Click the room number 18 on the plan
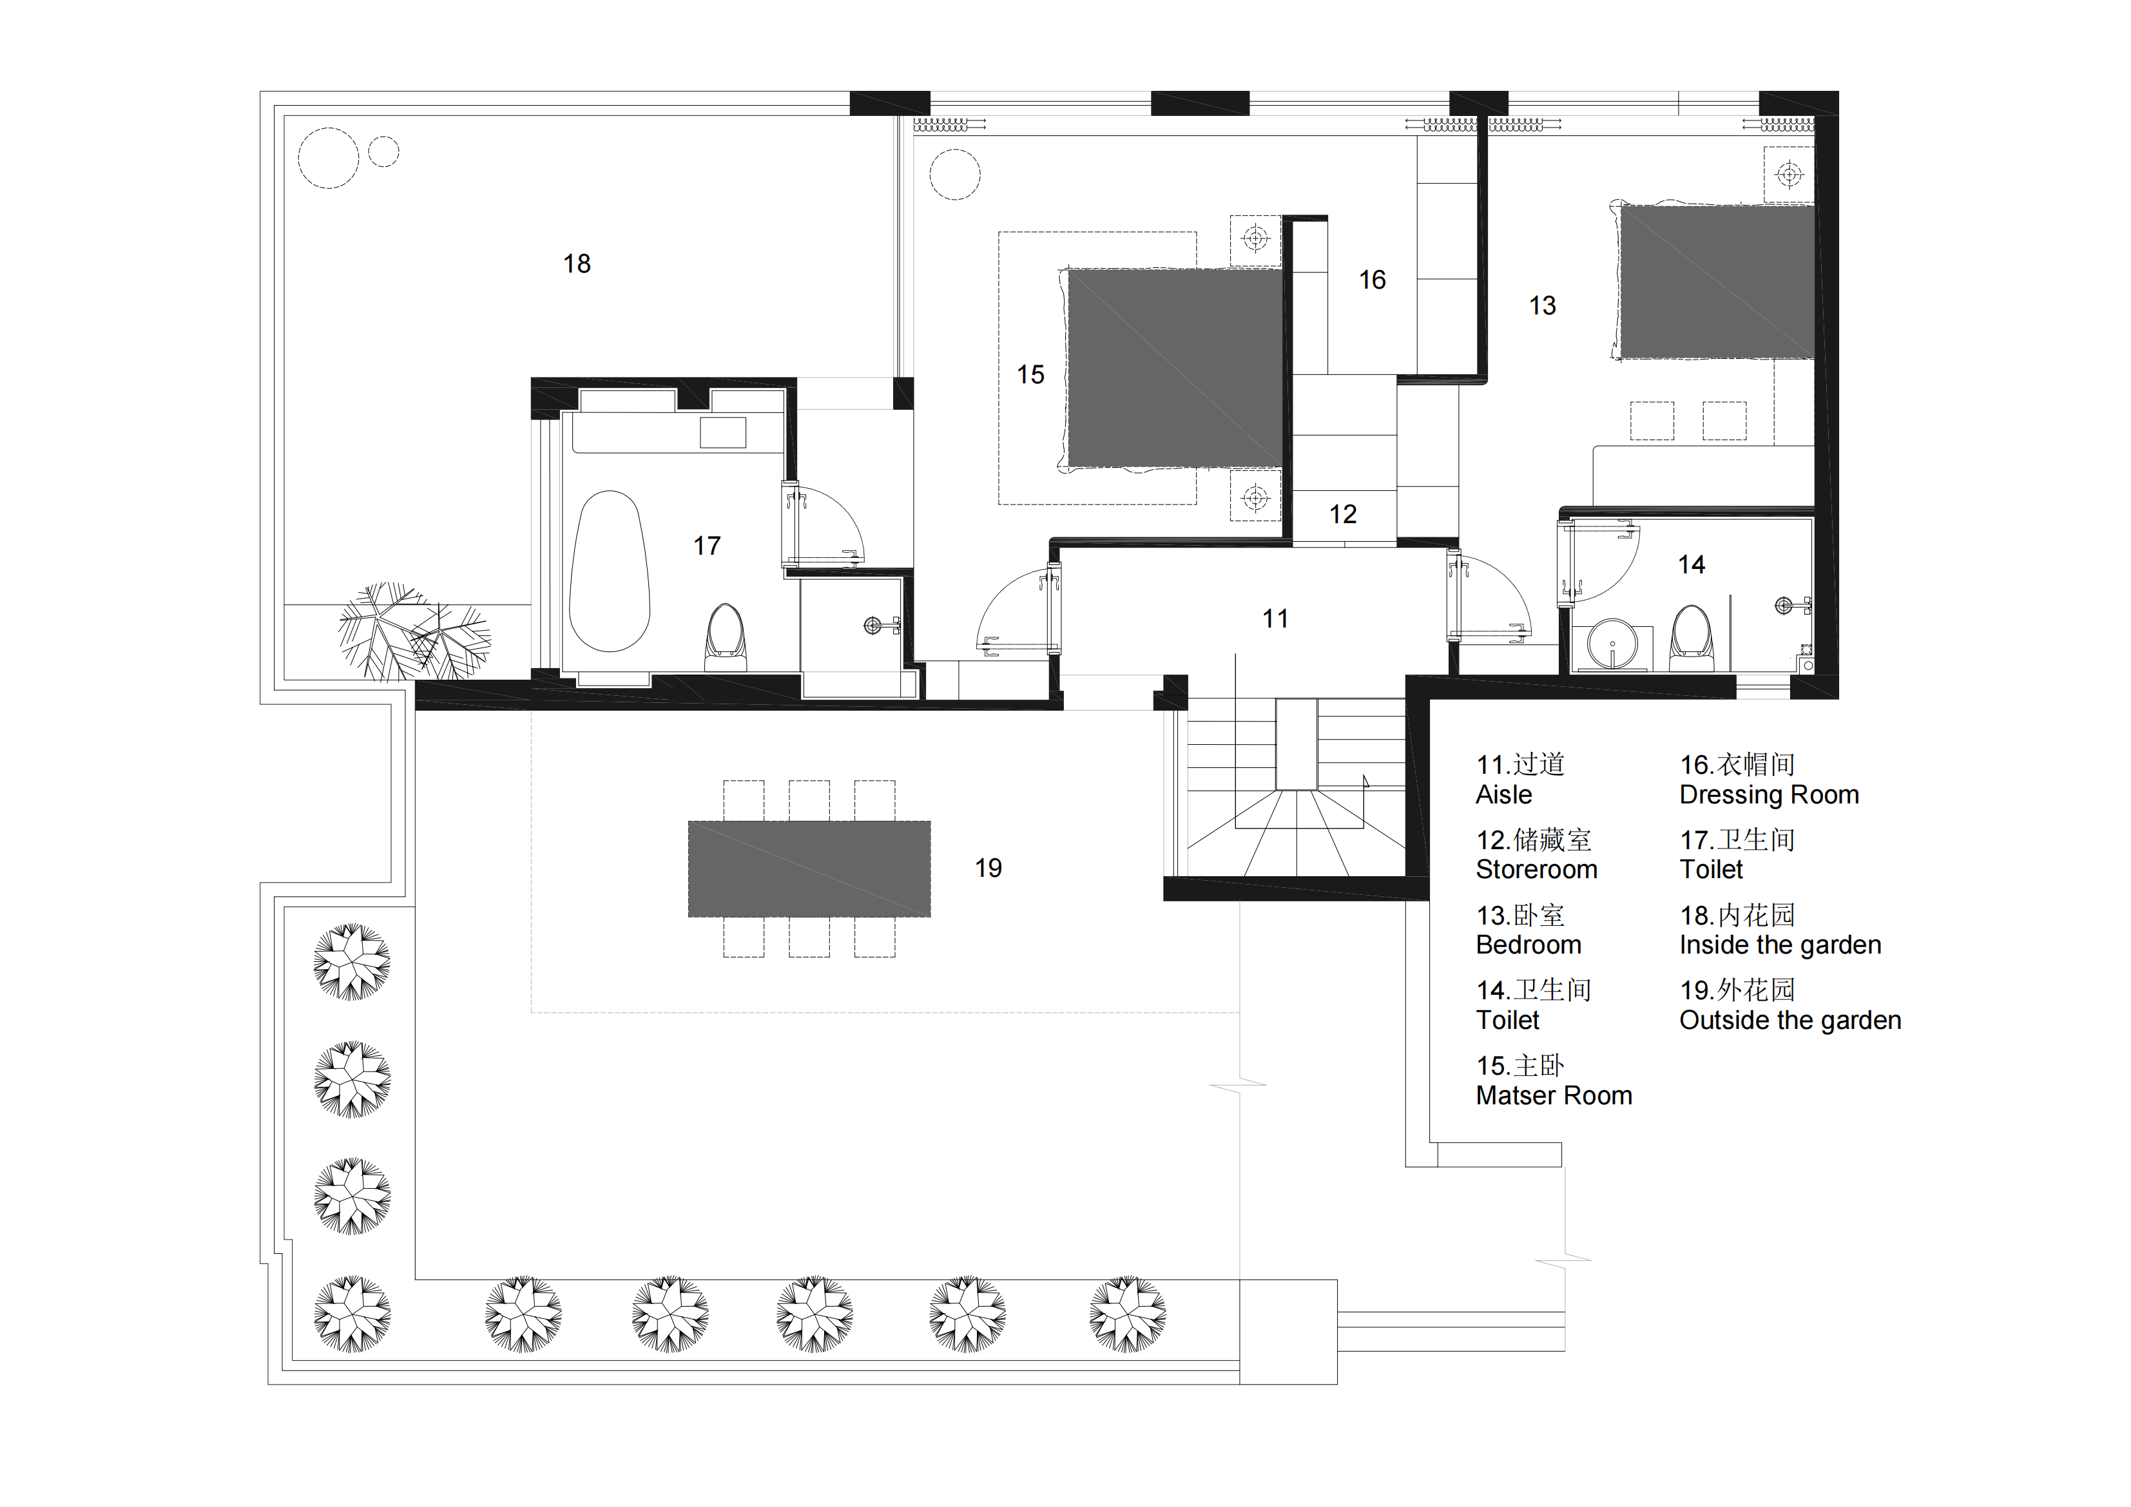[x=576, y=264]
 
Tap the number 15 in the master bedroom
[x=1030, y=375]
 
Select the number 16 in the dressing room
[x=1372, y=280]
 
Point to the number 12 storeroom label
[x=1342, y=515]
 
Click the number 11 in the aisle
[x=1275, y=619]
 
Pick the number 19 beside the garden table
[x=988, y=869]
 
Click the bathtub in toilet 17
[x=609, y=571]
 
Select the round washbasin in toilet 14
[x=1612, y=643]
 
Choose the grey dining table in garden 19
[x=809, y=869]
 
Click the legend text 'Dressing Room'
[x=1769, y=795]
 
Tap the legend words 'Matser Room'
[x=1554, y=1096]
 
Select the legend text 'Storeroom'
[x=1536, y=870]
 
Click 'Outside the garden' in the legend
[x=1789, y=1021]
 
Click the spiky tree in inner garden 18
[x=413, y=631]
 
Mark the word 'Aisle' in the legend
[x=1503, y=795]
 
